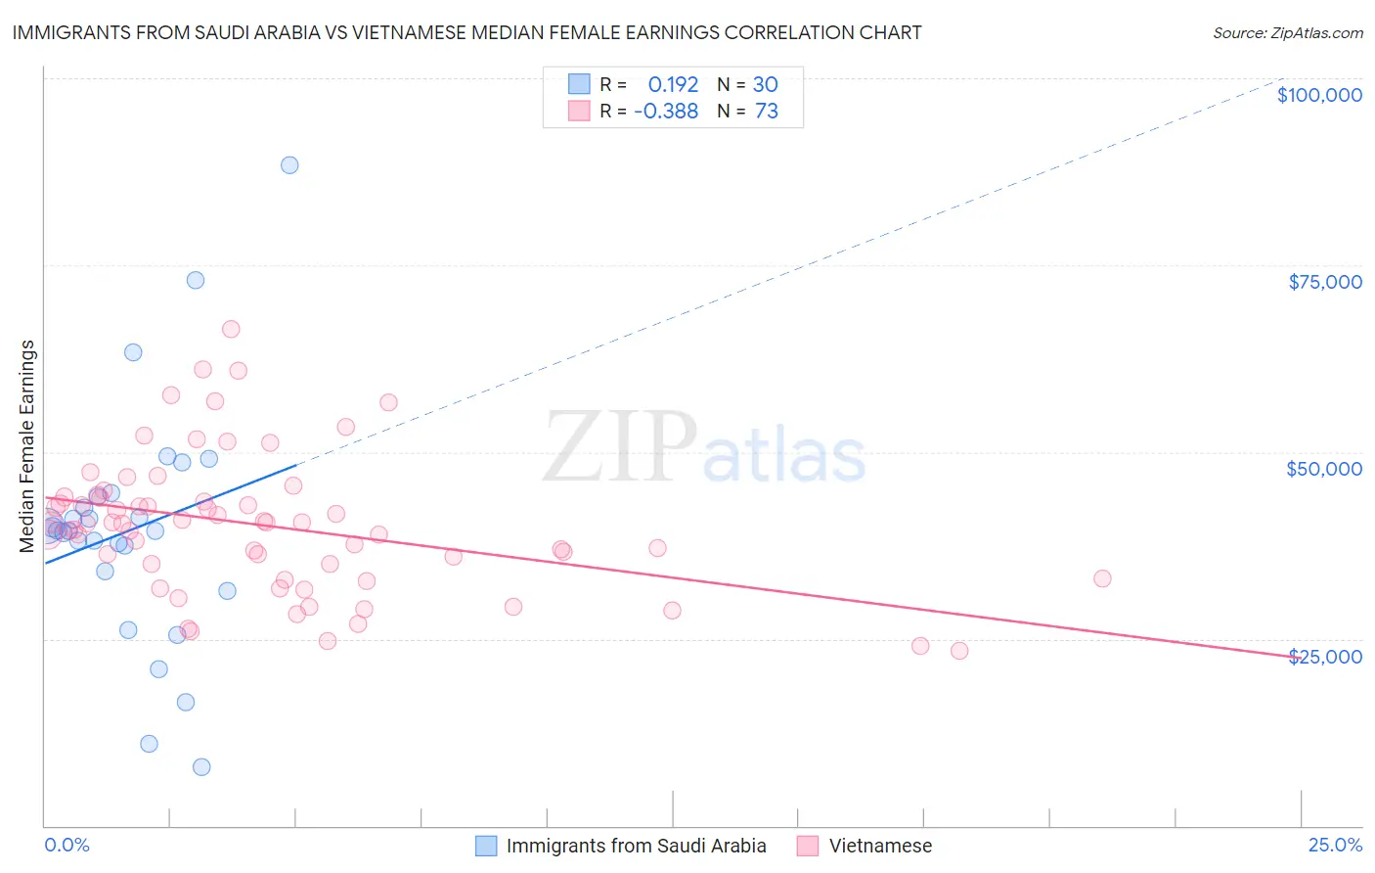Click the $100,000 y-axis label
point(1319,95)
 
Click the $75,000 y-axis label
point(1325,282)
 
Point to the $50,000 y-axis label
point(1324,469)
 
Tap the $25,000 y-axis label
point(1325,656)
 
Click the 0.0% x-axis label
point(67,846)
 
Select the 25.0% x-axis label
point(1335,846)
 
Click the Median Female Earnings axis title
point(27,446)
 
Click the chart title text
point(467,32)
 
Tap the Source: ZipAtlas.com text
point(1287,32)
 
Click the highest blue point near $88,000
point(289,165)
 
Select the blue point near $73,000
point(196,280)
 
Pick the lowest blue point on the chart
point(201,766)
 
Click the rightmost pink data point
point(1102,578)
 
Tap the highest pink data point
point(231,329)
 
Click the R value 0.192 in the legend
point(673,84)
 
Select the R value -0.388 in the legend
point(666,112)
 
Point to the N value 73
point(767,112)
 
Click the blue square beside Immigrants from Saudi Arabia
point(486,846)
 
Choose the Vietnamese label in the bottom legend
point(880,846)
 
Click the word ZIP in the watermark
point(620,448)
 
